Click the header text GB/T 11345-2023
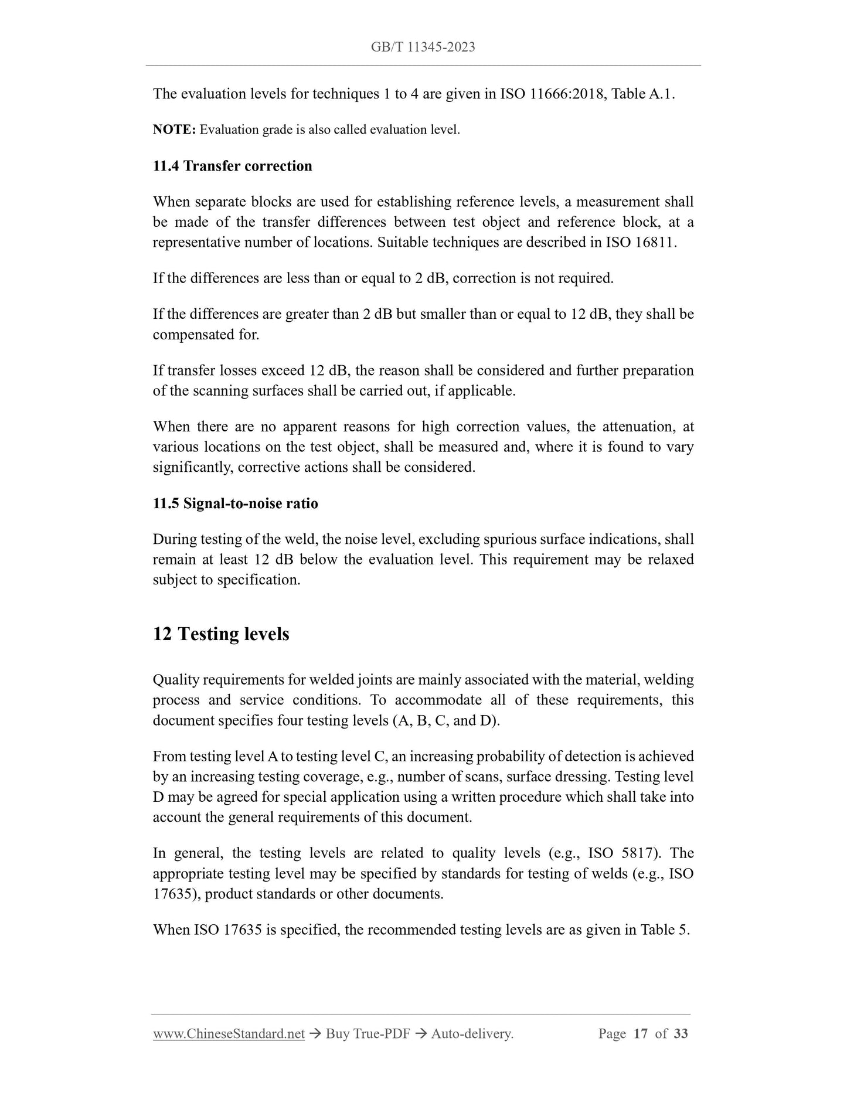[x=423, y=47]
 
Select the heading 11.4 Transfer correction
[x=232, y=166]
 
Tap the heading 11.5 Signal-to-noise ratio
[x=235, y=503]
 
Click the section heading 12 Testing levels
[x=221, y=634]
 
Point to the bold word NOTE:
[x=174, y=130]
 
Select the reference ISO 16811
[x=641, y=242]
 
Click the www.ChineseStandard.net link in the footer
[x=229, y=1034]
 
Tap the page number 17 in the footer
[x=640, y=1034]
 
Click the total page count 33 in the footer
[x=681, y=1034]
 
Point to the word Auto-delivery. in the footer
[x=472, y=1034]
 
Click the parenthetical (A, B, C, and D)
[x=445, y=720]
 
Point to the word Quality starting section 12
[x=174, y=680]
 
